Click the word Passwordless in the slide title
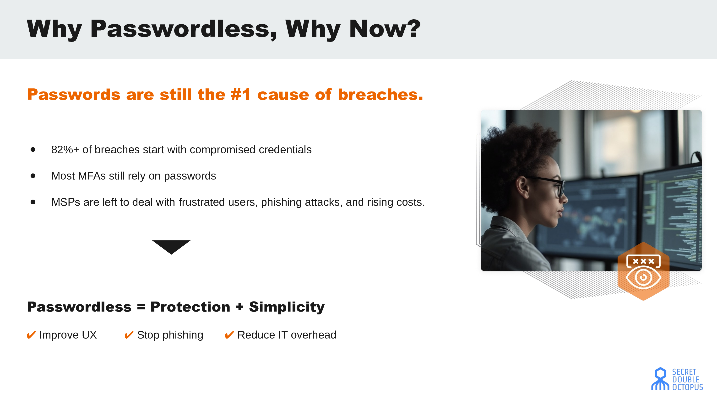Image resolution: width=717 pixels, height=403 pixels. [x=184, y=29]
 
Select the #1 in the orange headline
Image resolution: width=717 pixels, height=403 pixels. [x=241, y=94]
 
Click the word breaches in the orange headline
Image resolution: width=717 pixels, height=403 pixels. [x=380, y=94]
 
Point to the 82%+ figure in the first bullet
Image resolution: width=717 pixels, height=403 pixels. [x=65, y=150]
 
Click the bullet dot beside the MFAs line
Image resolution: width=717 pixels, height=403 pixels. [x=33, y=176]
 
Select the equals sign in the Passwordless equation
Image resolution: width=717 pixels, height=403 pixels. [x=141, y=307]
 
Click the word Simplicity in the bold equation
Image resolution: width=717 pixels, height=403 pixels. [x=287, y=307]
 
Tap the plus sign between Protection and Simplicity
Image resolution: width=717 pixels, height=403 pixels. [x=239, y=307]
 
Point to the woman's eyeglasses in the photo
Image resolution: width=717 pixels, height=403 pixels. [x=547, y=185]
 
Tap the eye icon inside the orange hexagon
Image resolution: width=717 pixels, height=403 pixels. [x=643, y=277]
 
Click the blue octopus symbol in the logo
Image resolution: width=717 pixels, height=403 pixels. [x=660, y=379]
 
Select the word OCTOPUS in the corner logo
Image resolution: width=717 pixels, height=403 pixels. [x=688, y=387]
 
